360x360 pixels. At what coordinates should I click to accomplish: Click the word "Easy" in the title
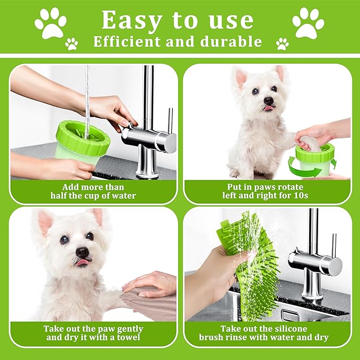[131, 21]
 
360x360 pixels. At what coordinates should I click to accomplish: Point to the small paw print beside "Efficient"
[72, 44]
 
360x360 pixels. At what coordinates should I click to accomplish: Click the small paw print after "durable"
[283, 44]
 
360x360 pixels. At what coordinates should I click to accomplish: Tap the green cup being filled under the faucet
[83, 141]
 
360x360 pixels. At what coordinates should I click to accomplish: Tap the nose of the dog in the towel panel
[82, 252]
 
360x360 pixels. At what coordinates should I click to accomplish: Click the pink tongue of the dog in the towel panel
[82, 262]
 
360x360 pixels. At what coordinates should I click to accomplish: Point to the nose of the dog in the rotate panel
[268, 100]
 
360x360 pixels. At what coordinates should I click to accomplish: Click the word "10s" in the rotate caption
[301, 196]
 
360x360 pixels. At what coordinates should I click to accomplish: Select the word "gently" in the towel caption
[130, 329]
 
